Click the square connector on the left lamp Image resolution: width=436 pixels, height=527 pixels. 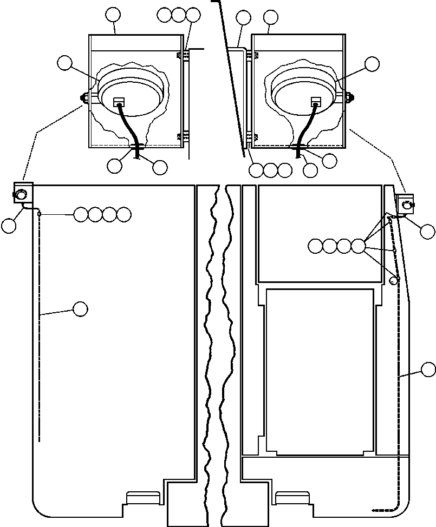click(x=119, y=102)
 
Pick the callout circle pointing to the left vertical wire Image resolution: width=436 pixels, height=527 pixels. click(x=80, y=309)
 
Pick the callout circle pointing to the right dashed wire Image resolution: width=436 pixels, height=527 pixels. click(x=428, y=370)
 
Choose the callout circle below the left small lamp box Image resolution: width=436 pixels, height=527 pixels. click(x=9, y=226)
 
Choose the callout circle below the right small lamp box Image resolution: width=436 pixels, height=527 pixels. click(x=428, y=232)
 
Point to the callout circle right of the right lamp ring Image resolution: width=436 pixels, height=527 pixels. click(x=372, y=64)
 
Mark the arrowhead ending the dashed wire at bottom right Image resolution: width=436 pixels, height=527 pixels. click(x=373, y=510)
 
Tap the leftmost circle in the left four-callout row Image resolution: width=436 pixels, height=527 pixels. click(x=81, y=215)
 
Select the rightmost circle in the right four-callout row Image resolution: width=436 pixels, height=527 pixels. click(x=358, y=247)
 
